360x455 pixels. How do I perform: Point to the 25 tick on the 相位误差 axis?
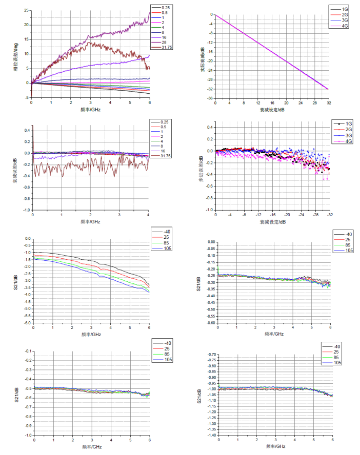(26, 10)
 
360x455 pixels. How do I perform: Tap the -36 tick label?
(210, 98)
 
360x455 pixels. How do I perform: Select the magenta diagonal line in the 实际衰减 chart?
(272, 52)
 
